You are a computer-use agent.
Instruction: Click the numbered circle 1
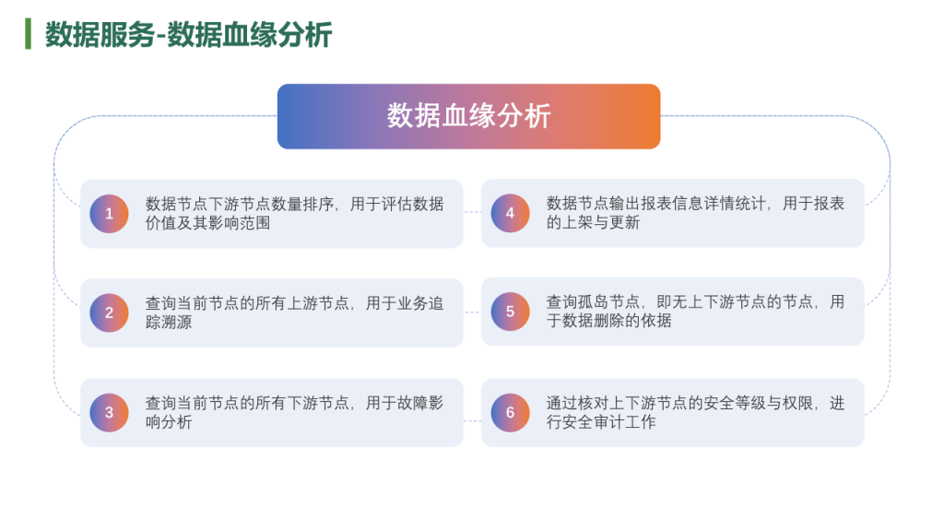[x=109, y=214]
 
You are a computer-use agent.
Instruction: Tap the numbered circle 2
[x=109, y=313]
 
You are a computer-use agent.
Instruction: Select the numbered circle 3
[x=109, y=412]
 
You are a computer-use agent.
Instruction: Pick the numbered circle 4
[x=510, y=213]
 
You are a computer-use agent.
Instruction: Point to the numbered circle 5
[x=510, y=312]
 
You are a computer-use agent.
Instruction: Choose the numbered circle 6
[x=510, y=412]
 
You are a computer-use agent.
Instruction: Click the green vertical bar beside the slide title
[x=28, y=34]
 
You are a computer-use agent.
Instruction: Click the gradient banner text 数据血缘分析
[x=468, y=115]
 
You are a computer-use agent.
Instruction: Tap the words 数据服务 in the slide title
[x=100, y=34]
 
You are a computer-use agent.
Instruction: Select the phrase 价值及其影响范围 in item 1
[x=207, y=223]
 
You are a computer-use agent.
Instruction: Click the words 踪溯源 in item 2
[x=169, y=322]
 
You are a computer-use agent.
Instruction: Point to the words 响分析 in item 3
[x=169, y=422]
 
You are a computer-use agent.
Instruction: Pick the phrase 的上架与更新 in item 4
[x=593, y=223]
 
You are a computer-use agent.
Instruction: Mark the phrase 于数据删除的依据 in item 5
[x=608, y=321]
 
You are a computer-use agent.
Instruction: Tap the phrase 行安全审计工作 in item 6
[x=601, y=422]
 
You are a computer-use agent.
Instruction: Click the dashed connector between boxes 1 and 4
[x=473, y=212]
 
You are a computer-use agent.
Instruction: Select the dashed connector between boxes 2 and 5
[x=473, y=312]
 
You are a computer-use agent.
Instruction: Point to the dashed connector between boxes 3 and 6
[x=473, y=420]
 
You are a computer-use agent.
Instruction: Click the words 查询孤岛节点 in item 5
[x=593, y=301]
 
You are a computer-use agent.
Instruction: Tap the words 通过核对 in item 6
[x=577, y=404]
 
